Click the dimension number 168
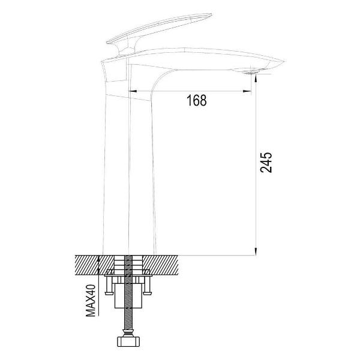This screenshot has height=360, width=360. coord(197,100)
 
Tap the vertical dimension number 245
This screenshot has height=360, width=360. coord(266,163)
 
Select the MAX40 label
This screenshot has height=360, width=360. coord(91,301)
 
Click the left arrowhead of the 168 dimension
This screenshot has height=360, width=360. coord(133,91)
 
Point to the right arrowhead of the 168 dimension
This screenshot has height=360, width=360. coord(247,91)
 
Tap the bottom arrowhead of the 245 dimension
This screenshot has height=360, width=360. coord(256,251)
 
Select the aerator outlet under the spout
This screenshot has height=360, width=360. coord(250,73)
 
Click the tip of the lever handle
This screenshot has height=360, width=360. coord(211,15)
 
